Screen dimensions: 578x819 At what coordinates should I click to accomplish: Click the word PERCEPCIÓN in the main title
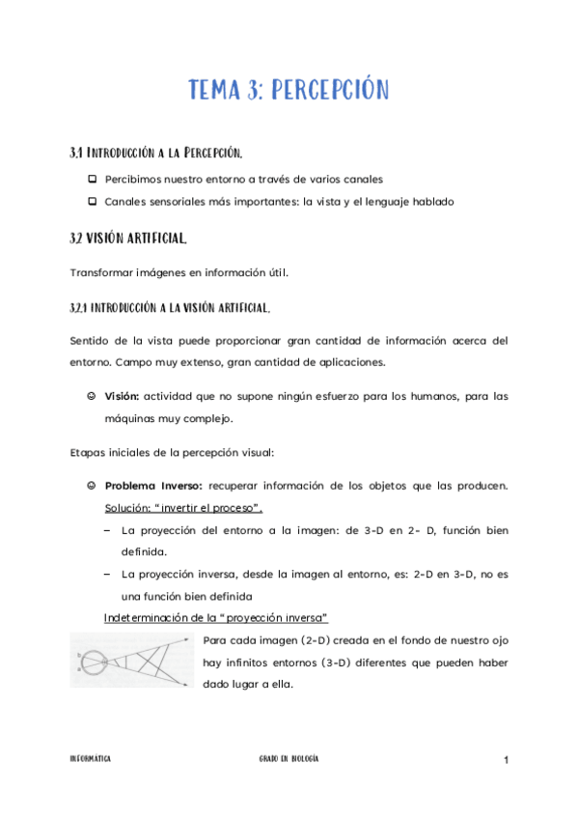click(330, 92)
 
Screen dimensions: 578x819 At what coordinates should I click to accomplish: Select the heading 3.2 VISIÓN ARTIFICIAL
click(128, 238)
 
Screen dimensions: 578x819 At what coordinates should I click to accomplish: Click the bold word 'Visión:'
click(123, 396)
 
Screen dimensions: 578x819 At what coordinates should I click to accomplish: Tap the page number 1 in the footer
click(505, 761)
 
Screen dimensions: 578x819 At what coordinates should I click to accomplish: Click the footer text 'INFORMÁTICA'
click(91, 760)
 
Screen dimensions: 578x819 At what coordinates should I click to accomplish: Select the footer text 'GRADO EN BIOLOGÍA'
click(289, 760)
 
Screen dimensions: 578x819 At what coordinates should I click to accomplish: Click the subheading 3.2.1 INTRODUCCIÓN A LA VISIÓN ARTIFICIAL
click(170, 308)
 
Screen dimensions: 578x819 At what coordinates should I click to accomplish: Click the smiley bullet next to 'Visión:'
click(91, 396)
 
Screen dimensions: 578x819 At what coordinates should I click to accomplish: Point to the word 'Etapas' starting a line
click(89, 451)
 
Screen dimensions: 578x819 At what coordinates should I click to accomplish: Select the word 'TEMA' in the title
click(219, 92)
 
